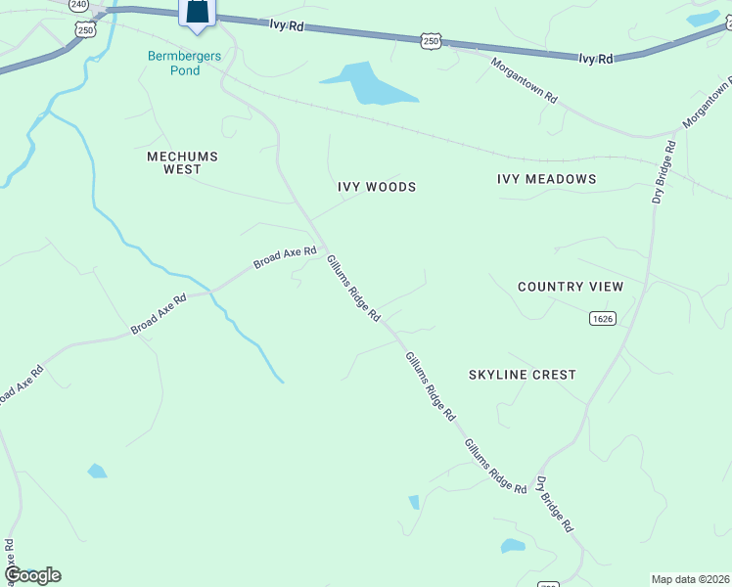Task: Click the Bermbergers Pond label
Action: pos(184,64)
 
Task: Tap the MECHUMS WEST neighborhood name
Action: pos(182,162)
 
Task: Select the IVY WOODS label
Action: pos(377,187)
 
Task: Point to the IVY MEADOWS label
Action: pos(546,179)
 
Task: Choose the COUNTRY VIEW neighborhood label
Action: pos(571,287)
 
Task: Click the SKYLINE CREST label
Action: pos(523,375)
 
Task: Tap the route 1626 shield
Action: pos(603,319)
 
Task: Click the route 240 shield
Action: pos(79,5)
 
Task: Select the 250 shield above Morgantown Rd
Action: pos(432,40)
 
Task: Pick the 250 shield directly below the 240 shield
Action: pos(85,30)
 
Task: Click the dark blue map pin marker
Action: pos(198,12)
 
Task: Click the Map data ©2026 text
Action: pos(689,579)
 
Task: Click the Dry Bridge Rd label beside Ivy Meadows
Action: pos(663,173)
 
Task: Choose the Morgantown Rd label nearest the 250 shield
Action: pos(524,84)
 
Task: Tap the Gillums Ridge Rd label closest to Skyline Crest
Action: pos(431,386)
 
